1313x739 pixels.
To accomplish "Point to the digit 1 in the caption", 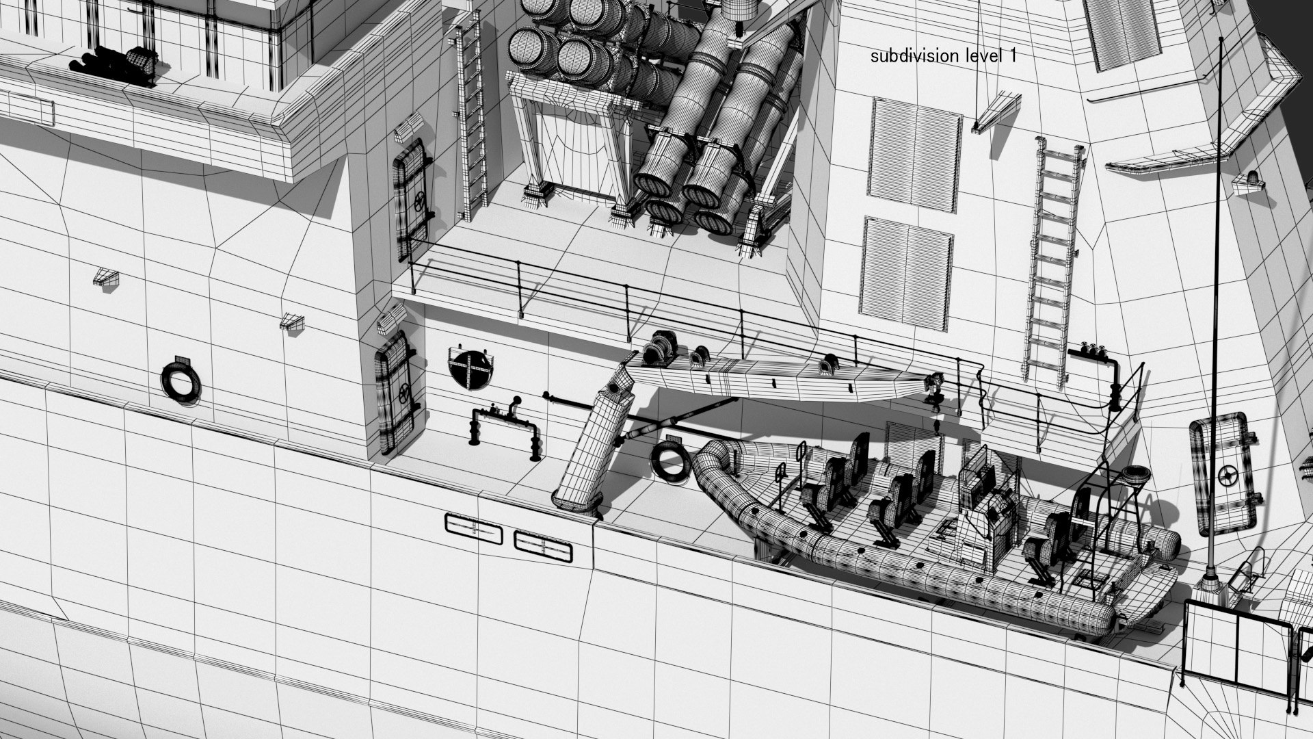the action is click(1011, 56).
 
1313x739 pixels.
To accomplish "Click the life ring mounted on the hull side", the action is click(181, 380).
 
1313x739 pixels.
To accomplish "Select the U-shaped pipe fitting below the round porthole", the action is click(504, 428).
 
